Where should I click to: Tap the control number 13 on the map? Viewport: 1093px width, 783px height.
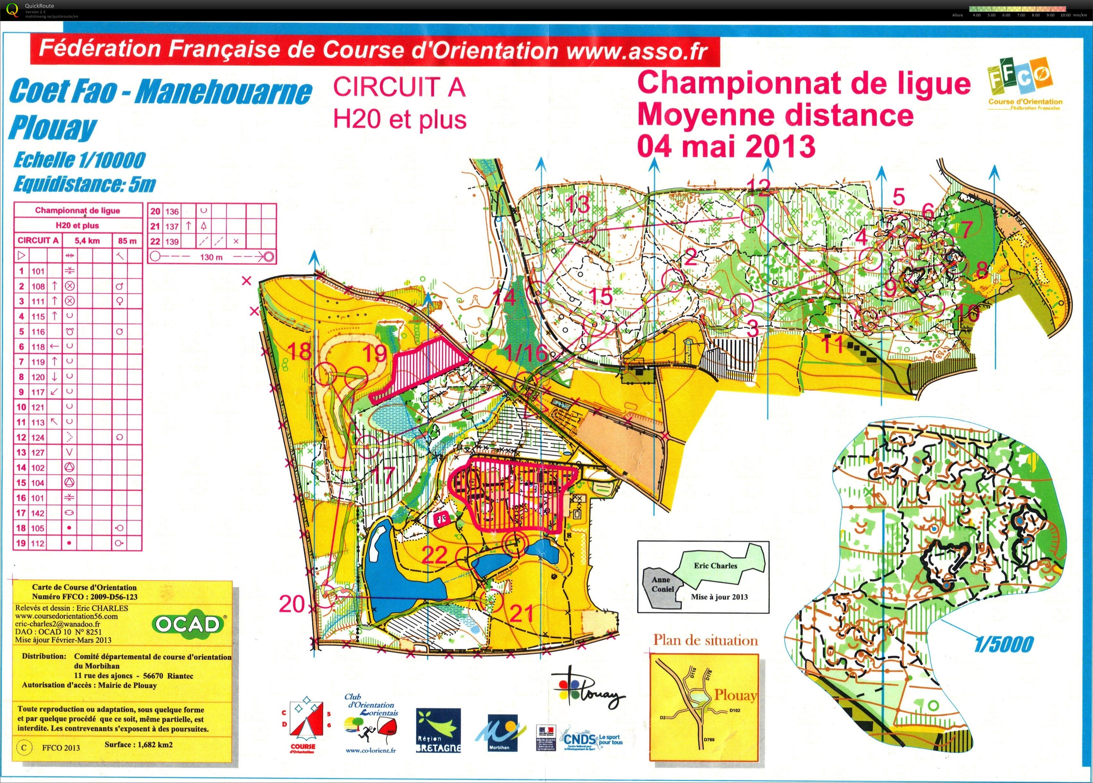pyautogui.click(x=577, y=204)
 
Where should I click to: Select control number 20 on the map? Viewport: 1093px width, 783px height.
pyautogui.click(x=292, y=604)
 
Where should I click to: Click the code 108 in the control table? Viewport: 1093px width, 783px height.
pyautogui.click(x=38, y=286)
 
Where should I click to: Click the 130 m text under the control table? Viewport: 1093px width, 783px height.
pyautogui.click(x=211, y=257)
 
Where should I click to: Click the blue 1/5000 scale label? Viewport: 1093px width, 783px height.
pyautogui.click(x=1003, y=644)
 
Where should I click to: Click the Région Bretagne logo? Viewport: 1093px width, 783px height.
pyautogui.click(x=438, y=730)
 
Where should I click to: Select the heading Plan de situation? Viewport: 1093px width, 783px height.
pyautogui.click(x=705, y=640)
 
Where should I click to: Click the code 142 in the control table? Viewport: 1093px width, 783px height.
pyautogui.click(x=38, y=513)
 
